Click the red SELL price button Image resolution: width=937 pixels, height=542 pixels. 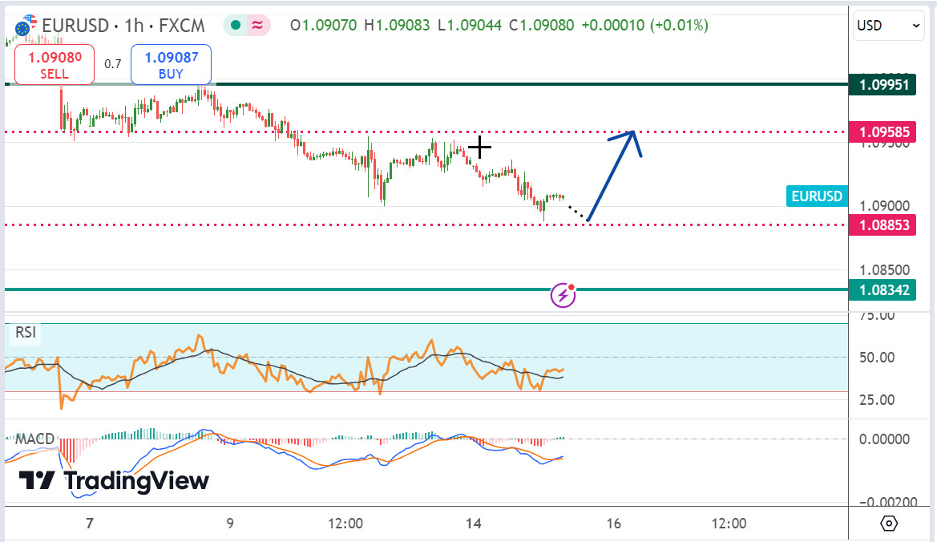coord(55,65)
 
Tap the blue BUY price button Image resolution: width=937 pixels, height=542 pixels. coord(171,65)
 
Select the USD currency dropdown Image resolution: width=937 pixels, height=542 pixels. coord(889,26)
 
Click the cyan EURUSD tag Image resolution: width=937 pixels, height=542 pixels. coord(817,196)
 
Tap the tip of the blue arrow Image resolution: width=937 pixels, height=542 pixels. coord(633,131)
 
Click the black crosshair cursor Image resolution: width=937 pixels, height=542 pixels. coord(479,147)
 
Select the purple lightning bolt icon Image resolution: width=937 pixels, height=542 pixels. coord(563,296)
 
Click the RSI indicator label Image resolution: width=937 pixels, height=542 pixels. coord(26,332)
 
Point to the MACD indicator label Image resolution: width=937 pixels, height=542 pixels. coord(34,439)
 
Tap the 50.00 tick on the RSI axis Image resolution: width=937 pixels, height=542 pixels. coord(876,358)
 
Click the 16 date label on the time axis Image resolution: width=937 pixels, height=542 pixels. coord(613,524)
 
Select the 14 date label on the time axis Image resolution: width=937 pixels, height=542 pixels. coord(473,524)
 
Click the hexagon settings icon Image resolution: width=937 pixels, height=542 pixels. coord(888,524)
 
